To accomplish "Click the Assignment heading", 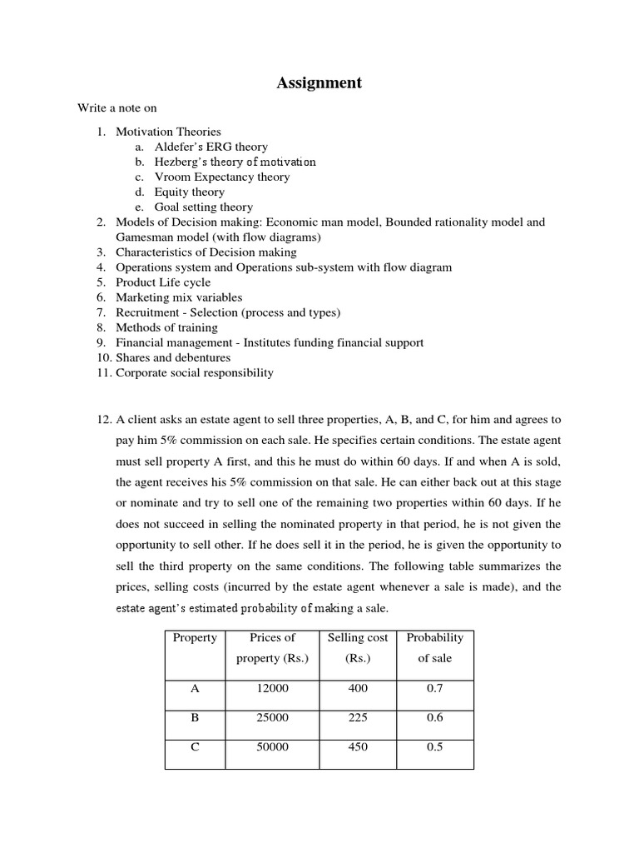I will pos(319,82).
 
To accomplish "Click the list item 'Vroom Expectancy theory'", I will pos(222,177).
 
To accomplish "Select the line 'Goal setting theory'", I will pos(204,207).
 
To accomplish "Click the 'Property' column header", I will pos(195,638).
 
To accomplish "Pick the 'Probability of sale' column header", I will pos(434,647).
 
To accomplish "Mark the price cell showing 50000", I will pos(273,747).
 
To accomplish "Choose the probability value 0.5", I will pos(434,747).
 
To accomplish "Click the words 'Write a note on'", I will pos(117,108).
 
